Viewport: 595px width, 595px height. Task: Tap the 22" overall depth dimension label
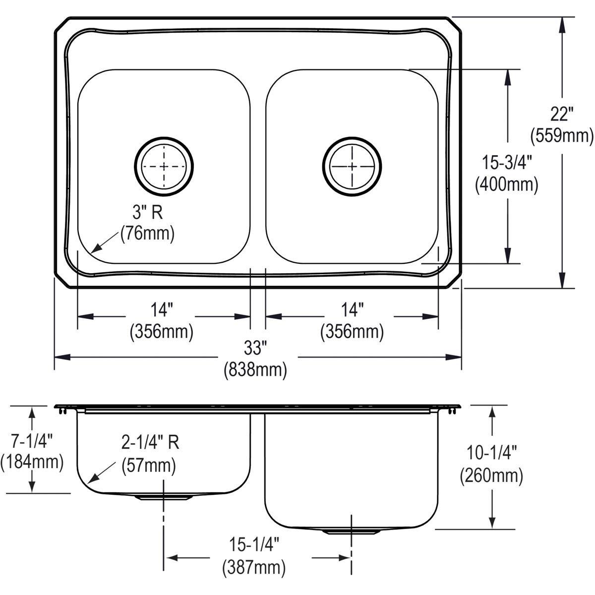tap(561, 115)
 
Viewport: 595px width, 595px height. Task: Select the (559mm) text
tap(561, 135)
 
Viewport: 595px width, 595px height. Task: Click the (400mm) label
tap(506, 184)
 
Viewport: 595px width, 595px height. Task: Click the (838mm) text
tap(255, 369)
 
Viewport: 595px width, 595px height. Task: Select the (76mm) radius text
tap(147, 234)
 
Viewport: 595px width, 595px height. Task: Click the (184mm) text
tap(32, 462)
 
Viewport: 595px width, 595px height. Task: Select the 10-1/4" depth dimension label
tap(491, 452)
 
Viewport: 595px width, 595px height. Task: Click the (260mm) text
tap(491, 476)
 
